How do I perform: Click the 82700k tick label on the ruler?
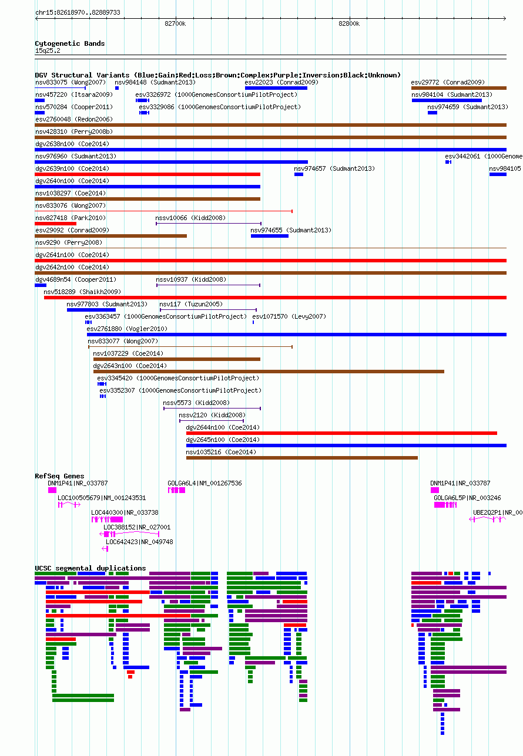pyautogui.click(x=175, y=23)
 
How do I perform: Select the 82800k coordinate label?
pyautogui.click(x=349, y=23)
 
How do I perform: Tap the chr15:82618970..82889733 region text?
pyautogui.click(x=78, y=12)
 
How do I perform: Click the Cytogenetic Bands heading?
pyautogui.click(x=69, y=43)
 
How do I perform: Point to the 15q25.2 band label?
pyautogui.click(x=48, y=50)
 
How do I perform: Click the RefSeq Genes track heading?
pyautogui.click(x=59, y=476)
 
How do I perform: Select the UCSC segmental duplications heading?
pyautogui.click(x=90, y=568)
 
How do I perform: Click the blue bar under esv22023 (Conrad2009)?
pyautogui.click(x=276, y=88)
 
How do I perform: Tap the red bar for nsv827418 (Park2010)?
pyautogui.click(x=55, y=224)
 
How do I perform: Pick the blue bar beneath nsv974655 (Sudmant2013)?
pyautogui.click(x=270, y=236)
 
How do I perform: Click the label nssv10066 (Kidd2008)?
pyautogui.click(x=190, y=218)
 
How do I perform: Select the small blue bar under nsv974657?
pyautogui.click(x=299, y=174)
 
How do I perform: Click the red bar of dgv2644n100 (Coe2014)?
pyautogui.click(x=341, y=433)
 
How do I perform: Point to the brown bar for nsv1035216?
pyautogui.click(x=301, y=458)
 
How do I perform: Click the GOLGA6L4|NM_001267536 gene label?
pyautogui.click(x=204, y=483)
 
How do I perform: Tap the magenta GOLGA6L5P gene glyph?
pyautogui.click(x=445, y=505)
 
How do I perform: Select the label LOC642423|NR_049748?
pyautogui.click(x=139, y=542)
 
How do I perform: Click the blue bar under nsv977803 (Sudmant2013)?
pyautogui.click(x=91, y=310)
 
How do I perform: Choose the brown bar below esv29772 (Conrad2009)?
pyautogui.click(x=459, y=88)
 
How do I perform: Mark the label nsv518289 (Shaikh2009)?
pyautogui.click(x=82, y=292)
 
